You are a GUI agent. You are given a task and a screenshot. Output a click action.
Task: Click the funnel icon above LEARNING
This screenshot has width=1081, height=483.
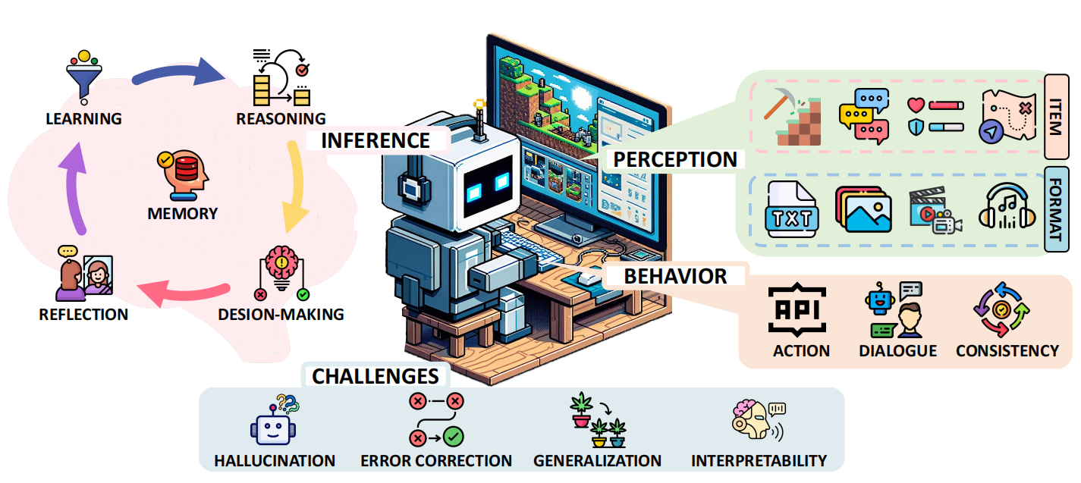tap(84, 77)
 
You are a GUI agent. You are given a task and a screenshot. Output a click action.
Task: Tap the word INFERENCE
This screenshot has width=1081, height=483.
tap(376, 141)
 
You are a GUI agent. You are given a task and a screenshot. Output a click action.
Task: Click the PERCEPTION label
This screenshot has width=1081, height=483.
tap(675, 160)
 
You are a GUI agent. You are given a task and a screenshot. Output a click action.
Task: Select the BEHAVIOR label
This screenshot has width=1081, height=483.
tap(675, 277)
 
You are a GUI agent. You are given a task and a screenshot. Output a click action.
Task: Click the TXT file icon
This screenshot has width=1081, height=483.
tap(791, 209)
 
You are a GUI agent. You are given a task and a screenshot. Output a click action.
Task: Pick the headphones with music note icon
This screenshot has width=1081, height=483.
tap(1007, 206)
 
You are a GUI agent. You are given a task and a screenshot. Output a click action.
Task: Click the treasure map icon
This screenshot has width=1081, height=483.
tap(1007, 116)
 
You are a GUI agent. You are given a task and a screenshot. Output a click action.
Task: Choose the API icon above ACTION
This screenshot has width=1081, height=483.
tap(797, 310)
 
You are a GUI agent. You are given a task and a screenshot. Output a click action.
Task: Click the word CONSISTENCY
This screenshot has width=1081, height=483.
tap(1007, 351)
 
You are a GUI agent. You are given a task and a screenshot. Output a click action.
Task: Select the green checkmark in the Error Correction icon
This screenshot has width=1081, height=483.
tap(453, 438)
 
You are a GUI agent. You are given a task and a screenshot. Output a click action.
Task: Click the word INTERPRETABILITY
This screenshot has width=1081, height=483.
tap(759, 461)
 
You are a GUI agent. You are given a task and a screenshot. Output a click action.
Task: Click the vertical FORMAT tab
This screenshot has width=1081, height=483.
tap(1055, 209)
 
